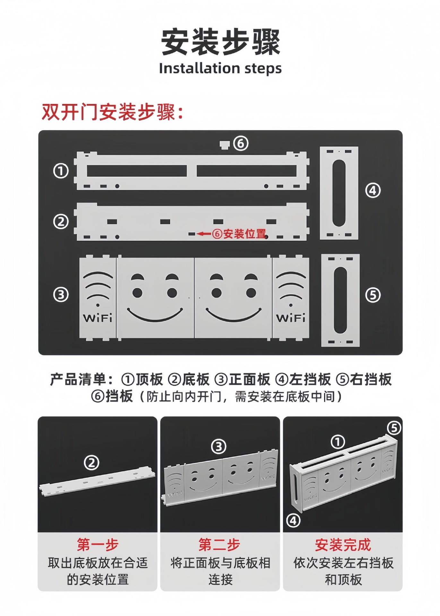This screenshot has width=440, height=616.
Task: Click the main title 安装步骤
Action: pyautogui.click(x=220, y=42)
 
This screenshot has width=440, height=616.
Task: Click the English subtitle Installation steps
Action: pyautogui.click(x=220, y=68)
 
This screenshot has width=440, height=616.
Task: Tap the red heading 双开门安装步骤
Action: pyautogui.click(x=112, y=112)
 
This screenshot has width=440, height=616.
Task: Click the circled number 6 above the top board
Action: pyautogui.click(x=241, y=143)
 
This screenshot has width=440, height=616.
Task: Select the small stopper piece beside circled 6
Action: pyautogui.click(x=224, y=144)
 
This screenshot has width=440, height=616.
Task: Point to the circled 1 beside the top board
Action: pyautogui.click(x=61, y=171)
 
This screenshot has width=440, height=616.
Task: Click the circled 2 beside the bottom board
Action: pyautogui.click(x=61, y=222)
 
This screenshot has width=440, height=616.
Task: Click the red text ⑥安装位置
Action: pyautogui.click(x=239, y=234)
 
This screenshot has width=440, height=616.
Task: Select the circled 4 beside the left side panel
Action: pyautogui.click(x=373, y=191)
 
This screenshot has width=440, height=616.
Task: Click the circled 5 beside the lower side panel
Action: pyautogui.click(x=373, y=295)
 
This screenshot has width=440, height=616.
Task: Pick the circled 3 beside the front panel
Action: pyautogui.click(x=61, y=295)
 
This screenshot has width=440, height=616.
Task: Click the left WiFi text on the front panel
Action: pyautogui.click(x=98, y=318)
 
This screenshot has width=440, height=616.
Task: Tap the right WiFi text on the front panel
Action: pyautogui.click(x=291, y=318)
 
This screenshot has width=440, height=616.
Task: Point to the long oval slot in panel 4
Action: pyautogui.click(x=339, y=193)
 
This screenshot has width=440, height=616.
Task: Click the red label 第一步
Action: pyautogui.click(x=98, y=544)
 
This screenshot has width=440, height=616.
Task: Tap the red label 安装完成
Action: pyautogui.click(x=343, y=544)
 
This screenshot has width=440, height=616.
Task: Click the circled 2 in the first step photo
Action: pyautogui.click(x=91, y=463)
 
